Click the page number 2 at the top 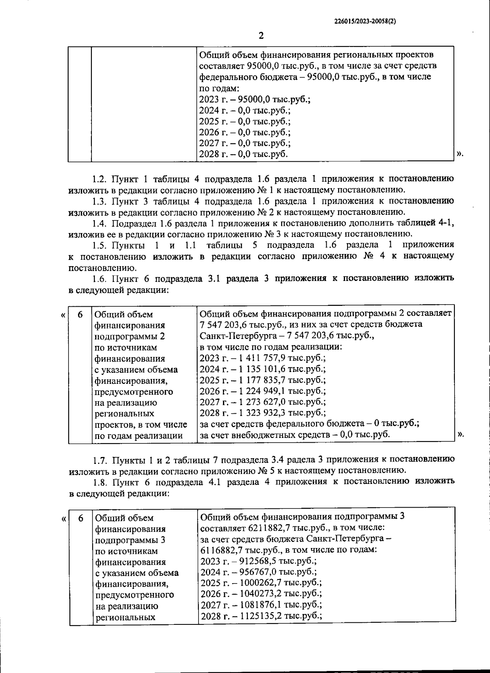pos(261,36)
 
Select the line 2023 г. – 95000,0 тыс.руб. pos(254,99)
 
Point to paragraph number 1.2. pos(100,179)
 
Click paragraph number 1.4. pos(100,223)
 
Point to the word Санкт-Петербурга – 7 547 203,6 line pos(287,336)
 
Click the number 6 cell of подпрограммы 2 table pos(80,314)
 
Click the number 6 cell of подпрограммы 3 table pos(80,518)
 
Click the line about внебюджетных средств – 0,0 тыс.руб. pos(294,435)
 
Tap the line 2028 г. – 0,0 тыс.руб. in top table pos(243,154)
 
